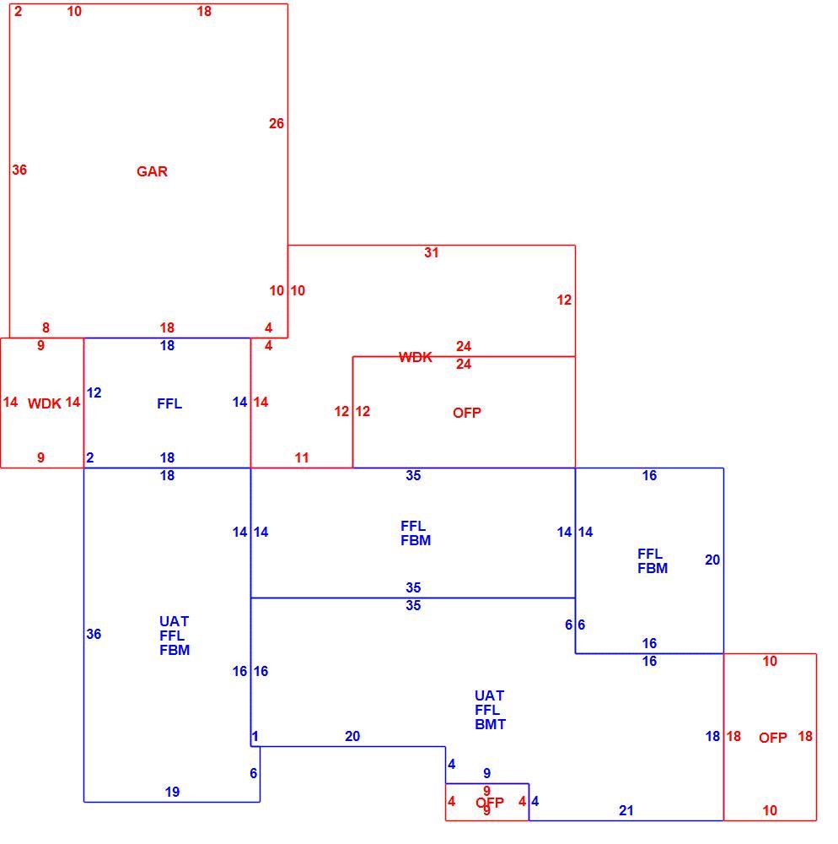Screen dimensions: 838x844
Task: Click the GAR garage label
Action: point(152,171)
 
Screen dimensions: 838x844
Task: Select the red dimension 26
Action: point(277,124)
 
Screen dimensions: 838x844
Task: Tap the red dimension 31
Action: point(431,253)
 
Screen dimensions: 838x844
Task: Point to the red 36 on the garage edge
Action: point(19,170)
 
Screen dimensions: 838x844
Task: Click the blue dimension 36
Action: point(94,634)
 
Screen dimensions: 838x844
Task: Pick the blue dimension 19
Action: point(172,792)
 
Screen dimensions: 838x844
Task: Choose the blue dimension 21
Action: point(626,810)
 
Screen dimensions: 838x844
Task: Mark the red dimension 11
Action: point(302,458)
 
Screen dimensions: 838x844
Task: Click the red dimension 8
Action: point(46,327)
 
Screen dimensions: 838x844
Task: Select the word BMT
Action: point(490,724)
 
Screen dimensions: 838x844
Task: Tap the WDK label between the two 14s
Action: point(44,403)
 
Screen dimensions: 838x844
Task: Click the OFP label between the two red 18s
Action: point(773,738)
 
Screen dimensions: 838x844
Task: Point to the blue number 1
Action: point(255,736)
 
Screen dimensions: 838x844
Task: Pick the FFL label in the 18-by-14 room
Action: point(169,403)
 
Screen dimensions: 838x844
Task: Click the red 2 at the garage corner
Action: point(19,11)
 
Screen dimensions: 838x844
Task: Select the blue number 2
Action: point(89,458)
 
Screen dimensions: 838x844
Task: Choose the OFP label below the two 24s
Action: point(466,413)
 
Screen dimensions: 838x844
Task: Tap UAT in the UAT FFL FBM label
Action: point(175,622)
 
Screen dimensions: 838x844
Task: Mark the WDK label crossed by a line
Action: point(416,357)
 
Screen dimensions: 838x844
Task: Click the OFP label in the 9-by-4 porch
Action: point(490,803)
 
